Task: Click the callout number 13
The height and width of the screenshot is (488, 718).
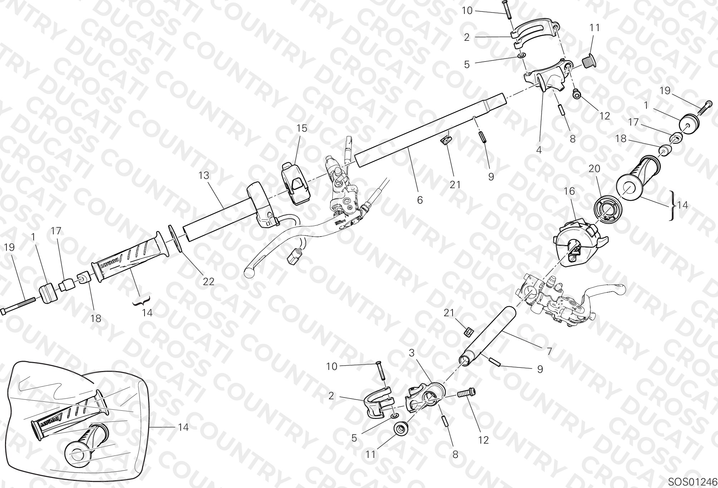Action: tap(204, 176)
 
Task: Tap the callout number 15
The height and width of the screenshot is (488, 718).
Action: tap(302, 128)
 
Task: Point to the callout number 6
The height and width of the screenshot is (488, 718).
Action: tap(420, 200)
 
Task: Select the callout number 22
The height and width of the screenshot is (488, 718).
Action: tap(209, 282)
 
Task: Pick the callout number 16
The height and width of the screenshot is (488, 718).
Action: tap(569, 191)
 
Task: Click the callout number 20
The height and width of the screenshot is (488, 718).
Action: tap(595, 168)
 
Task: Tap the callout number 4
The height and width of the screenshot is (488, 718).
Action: tap(539, 150)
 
